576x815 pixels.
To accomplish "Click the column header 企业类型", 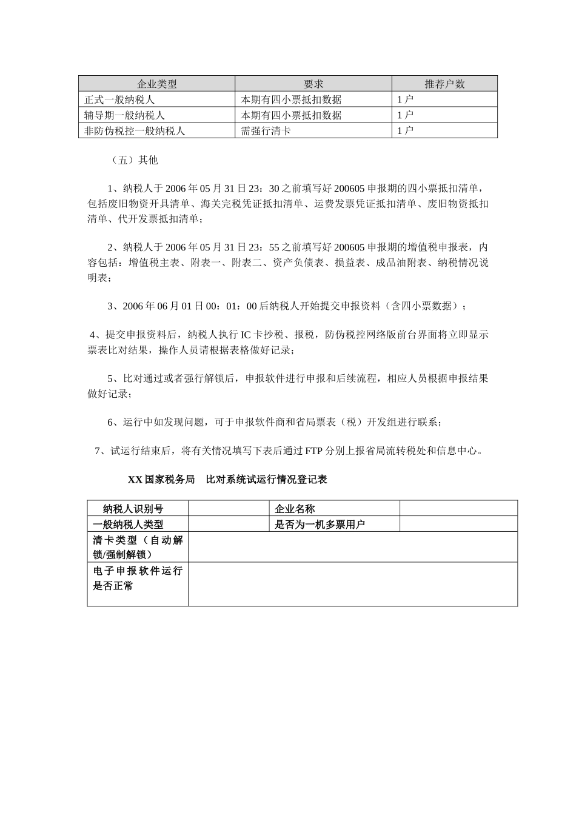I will tap(156, 84).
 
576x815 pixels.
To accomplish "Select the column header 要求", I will tap(313, 84).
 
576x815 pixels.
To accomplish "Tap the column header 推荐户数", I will tap(444, 84).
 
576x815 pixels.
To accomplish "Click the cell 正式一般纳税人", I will tap(119, 99).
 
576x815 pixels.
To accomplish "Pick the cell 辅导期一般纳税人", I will tap(124, 115).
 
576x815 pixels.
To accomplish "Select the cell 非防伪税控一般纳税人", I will tap(135, 130).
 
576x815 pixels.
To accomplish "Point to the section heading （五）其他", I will tap(135, 160).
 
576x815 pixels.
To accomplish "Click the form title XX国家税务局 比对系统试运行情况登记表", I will tap(227, 480).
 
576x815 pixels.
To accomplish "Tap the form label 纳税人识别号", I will tap(133, 509).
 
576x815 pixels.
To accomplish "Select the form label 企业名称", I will tap(295, 509).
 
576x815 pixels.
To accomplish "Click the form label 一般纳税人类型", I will tap(128, 525).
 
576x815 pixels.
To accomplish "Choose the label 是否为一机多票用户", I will tap(320, 525).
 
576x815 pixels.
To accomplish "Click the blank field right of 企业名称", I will tap(458, 509).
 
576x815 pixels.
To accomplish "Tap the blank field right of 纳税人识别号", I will tap(228, 509).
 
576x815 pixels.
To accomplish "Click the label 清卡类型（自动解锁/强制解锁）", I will tap(138, 547).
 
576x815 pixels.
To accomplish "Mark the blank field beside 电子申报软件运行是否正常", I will tap(352, 584).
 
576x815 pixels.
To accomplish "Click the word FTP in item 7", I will tap(313, 451).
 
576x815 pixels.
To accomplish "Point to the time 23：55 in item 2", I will tap(266, 247).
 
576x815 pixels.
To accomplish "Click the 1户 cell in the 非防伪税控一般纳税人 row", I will tap(405, 130).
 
